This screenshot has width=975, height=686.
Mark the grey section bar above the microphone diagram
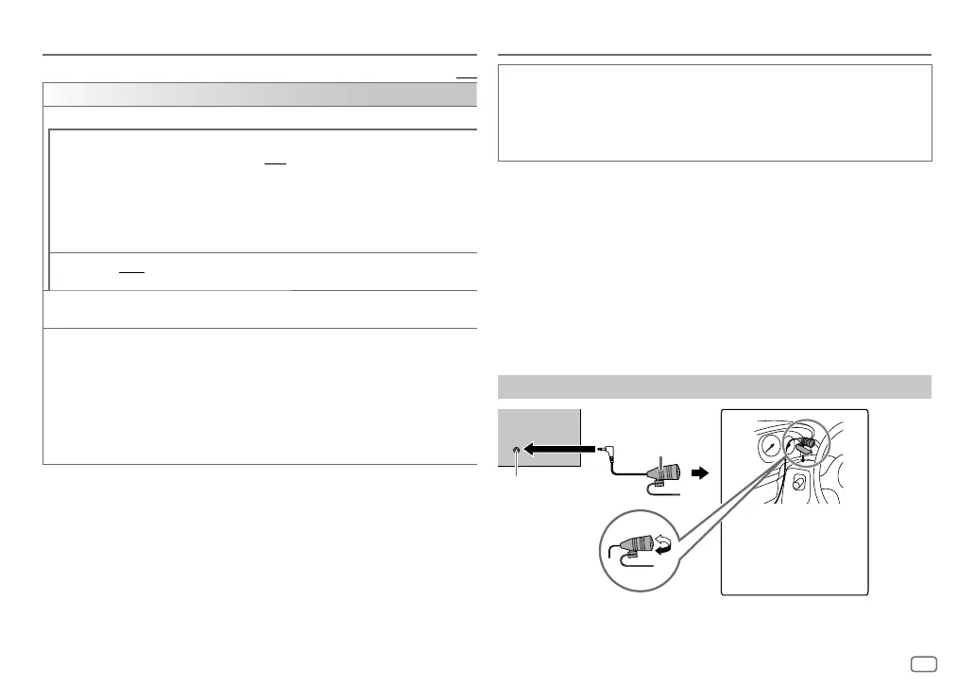[714, 387]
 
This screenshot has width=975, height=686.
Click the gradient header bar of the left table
[260, 94]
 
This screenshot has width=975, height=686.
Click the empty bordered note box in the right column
[714, 113]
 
